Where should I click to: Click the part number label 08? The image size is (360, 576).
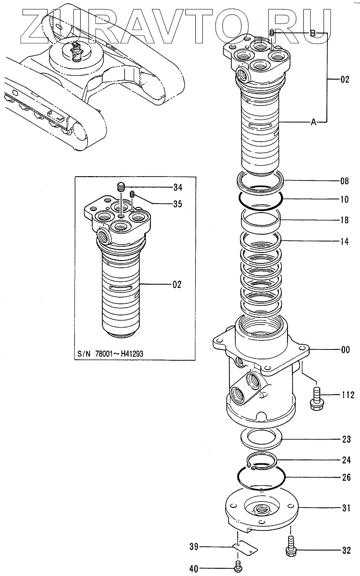click(x=345, y=181)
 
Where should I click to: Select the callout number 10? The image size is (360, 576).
click(x=345, y=198)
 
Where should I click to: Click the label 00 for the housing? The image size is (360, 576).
click(x=345, y=350)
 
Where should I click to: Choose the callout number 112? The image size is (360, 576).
click(x=347, y=396)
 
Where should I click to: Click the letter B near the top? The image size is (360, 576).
click(x=312, y=33)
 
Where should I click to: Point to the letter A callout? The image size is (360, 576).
click(x=313, y=123)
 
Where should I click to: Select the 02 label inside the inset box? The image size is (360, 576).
click(x=177, y=285)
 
